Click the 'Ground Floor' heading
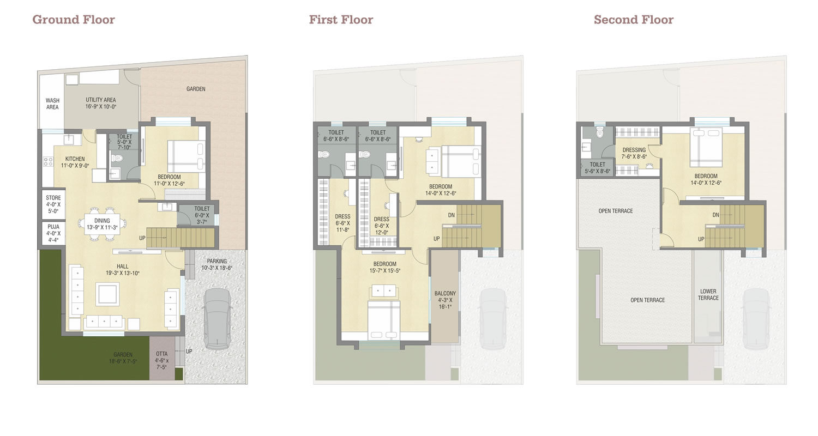pos(74,20)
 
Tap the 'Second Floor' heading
pos(634,20)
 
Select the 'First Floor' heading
pos(341,20)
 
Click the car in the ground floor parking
pos(217,318)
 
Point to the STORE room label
pos(53,198)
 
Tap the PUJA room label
pos(53,227)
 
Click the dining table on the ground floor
pos(102,224)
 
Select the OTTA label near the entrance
pos(162,354)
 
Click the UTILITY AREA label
pos(101,100)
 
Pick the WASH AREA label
pos(52,104)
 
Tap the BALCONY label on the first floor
pos(445,293)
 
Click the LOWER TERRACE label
pos(708,294)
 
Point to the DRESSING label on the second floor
pos(634,150)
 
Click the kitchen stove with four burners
pos(48,161)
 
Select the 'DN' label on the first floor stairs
pos(452,215)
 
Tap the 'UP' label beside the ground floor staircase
pos(142,238)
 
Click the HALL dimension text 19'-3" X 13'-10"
pos(123,273)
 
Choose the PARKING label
pos(217,261)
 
